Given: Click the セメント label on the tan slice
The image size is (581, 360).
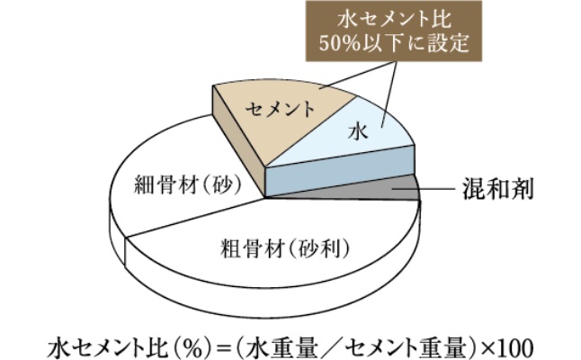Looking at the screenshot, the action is (x=281, y=110).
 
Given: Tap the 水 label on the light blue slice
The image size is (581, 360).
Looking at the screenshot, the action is (x=358, y=132).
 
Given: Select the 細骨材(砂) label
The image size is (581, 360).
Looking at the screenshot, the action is (x=187, y=183).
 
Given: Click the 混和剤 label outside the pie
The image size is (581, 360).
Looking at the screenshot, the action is (x=497, y=189).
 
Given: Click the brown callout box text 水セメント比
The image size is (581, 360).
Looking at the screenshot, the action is (x=394, y=19).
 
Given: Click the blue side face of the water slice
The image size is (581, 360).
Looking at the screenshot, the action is (x=340, y=171).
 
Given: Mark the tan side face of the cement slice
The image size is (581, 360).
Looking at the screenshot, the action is (x=238, y=141).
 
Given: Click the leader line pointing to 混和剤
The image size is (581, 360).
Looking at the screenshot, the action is (x=424, y=189).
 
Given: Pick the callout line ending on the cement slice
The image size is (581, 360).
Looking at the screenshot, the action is (x=356, y=76).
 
